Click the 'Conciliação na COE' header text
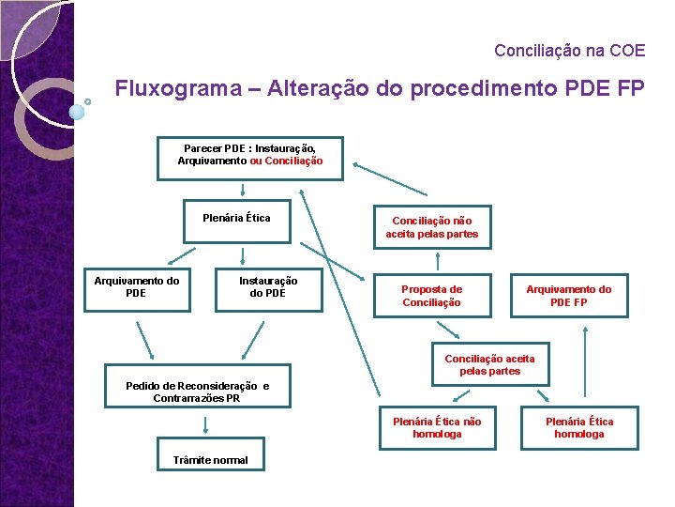tap(569, 50)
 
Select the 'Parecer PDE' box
tap(250, 156)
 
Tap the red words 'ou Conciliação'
tap(286, 161)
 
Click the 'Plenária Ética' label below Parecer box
tap(236, 219)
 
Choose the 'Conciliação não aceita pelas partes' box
tap(431, 227)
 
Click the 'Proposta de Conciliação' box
tap(431, 296)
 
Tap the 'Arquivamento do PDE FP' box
tap(568, 296)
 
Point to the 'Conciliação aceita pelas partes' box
tap(489, 365)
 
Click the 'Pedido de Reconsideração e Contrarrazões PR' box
tap(197, 392)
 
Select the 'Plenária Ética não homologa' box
tap(436, 428)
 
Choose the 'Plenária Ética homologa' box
tap(579, 428)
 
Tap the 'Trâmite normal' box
tap(211, 459)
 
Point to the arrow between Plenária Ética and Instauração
tap(243, 253)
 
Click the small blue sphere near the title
tap(78, 112)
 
